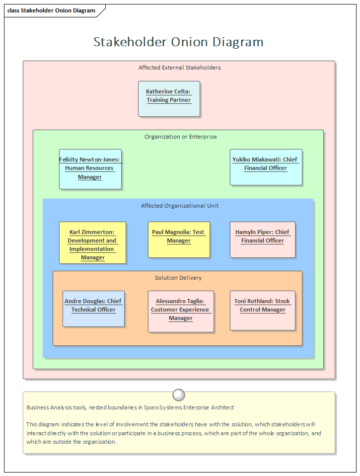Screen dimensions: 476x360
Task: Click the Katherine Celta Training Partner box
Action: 169,99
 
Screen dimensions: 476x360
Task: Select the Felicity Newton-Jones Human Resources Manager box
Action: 90,169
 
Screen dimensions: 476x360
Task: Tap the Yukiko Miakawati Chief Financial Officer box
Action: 266,167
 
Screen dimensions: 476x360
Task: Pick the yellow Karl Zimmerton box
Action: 92,242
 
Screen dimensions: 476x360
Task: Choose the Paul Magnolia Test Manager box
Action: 179,239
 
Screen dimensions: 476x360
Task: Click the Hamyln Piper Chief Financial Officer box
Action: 262,239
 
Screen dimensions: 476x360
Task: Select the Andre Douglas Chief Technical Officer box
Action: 93,309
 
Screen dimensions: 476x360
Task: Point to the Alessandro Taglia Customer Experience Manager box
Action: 181,312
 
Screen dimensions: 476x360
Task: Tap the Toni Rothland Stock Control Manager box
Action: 262,311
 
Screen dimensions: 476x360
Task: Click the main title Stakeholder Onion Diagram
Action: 178,42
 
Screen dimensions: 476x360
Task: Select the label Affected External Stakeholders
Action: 179,68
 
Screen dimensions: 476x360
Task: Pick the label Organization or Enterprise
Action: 180,137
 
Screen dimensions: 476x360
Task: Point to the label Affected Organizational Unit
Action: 179,206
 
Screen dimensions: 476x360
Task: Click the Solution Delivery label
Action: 178,278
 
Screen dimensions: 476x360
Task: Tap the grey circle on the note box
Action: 179,395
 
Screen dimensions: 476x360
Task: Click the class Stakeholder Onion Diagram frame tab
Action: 51,10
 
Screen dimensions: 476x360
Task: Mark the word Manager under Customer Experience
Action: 181,318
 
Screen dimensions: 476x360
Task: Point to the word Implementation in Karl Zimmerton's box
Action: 92,249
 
